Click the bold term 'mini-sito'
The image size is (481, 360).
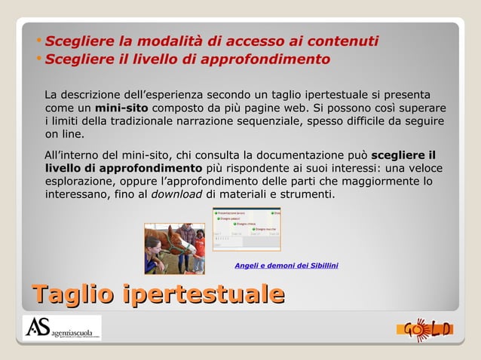coord(121,108)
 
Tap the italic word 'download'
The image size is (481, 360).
coord(176,194)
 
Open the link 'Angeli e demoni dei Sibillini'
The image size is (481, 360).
coord(286,265)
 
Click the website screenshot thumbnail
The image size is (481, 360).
coord(247,228)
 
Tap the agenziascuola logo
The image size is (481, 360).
coord(62,328)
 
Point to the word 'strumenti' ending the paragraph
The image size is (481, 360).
coord(306,194)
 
